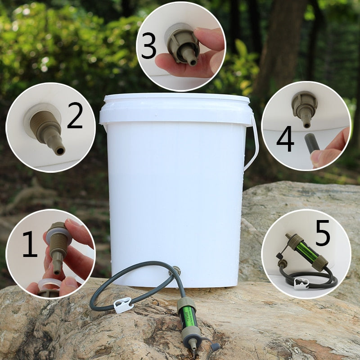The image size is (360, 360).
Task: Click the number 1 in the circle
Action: point(30,245)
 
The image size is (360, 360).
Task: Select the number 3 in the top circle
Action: point(148,46)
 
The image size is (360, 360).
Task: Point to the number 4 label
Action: point(285,139)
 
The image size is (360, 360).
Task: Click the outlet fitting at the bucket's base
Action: point(176,271)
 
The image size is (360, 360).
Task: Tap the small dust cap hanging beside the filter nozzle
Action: point(215,346)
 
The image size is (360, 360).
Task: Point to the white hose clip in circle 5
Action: point(300,283)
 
